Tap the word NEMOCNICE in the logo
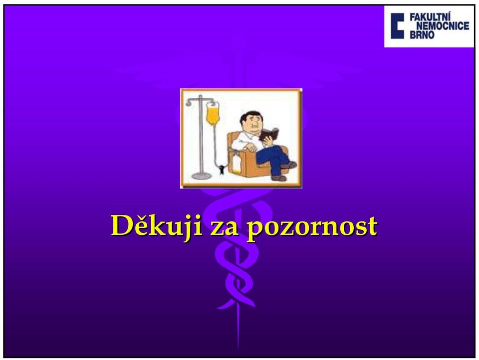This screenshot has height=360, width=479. click(x=443, y=26)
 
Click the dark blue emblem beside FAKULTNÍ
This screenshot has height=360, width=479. click(x=397, y=25)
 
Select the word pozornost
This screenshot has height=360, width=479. click(x=311, y=228)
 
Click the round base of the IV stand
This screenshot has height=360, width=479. click(x=201, y=176)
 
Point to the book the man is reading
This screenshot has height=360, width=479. click(x=269, y=134)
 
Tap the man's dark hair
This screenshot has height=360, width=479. click(x=248, y=117)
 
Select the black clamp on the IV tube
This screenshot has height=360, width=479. click(x=221, y=169)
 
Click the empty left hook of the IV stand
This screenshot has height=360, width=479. click(x=189, y=103)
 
